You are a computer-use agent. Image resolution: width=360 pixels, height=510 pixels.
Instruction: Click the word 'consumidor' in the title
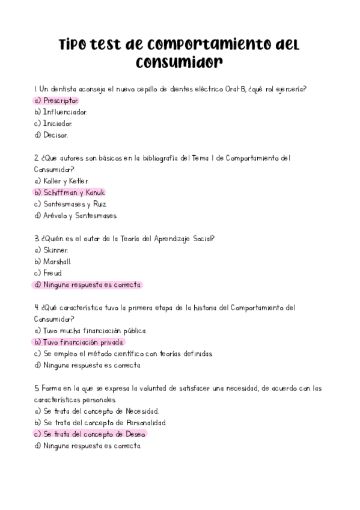(x=179, y=63)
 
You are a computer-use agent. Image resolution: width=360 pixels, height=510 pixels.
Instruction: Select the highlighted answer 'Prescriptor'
(x=61, y=100)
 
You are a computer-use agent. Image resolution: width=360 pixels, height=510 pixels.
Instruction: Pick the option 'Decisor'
(x=56, y=135)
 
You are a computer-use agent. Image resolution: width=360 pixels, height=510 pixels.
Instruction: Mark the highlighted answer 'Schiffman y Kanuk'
(x=74, y=192)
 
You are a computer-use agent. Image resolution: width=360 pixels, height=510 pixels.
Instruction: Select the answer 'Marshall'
(x=58, y=262)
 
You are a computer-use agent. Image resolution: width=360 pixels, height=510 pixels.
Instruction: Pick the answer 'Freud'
(x=53, y=273)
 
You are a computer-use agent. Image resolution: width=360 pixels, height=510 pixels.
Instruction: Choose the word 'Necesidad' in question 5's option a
(x=142, y=411)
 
